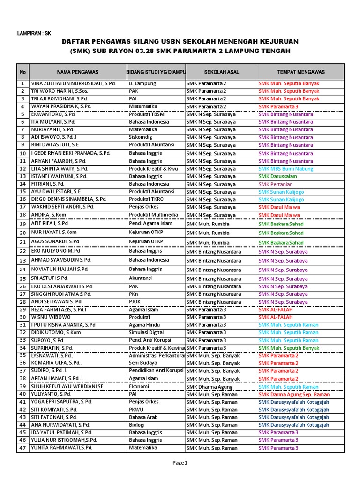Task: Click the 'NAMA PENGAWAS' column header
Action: tap(78, 72)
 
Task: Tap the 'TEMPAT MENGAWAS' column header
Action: tap(301, 72)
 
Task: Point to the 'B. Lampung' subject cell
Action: tap(142, 83)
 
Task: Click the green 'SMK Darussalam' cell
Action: tap(278, 176)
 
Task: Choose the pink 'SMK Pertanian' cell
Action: tap(276, 184)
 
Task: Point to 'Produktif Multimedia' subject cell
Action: tap(154, 215)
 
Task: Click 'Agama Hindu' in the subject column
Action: tap(144, 325)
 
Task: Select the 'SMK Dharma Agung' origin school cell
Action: tap(209, 387)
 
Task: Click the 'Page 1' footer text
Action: tap(180, 463)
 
